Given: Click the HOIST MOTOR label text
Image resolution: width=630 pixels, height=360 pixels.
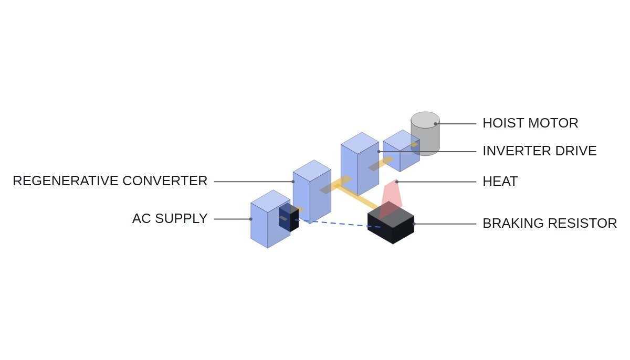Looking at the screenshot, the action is click(x=530, y=123).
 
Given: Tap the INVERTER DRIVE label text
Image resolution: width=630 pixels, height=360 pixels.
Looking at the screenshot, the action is click(x=540, y=151).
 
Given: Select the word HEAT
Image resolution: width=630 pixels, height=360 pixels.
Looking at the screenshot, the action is click(x=500, y=181).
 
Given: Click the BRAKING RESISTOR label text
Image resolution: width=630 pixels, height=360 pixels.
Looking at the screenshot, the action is click(x=550, y=224).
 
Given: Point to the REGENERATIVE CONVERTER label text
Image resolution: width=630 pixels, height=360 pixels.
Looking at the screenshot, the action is click(x=110, y=181).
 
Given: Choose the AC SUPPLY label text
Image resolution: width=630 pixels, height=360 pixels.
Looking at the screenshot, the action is click(x=170, y=219).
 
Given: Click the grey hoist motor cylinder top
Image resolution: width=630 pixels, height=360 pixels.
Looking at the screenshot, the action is click(x=425, y=120).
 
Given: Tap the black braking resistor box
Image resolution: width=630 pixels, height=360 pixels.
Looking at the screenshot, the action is click(x=391, y=223).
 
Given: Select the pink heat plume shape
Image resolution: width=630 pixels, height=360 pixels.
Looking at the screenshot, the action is click(x=391, y=198).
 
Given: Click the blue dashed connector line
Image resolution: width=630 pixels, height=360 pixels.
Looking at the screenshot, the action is click(x=338, y=224).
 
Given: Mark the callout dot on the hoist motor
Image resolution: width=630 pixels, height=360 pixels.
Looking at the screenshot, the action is click(x=435, y=124).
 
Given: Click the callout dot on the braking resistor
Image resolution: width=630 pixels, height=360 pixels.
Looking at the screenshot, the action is click(x=414, y=224).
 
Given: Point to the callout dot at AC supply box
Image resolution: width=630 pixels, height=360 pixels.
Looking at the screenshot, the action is click(x=250, y=219).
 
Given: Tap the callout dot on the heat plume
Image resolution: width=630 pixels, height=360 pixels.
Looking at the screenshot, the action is click(x=397, y=182).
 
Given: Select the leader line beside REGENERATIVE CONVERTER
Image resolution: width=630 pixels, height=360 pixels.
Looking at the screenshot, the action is click(x=254, y=182).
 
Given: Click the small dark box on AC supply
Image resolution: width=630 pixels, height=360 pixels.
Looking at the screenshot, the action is click(x=289, y=217).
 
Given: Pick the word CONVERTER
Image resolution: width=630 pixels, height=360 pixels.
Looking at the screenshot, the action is click(x=165, y=181).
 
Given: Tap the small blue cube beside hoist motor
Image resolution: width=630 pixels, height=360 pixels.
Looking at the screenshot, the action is click(x=401, y=151).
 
